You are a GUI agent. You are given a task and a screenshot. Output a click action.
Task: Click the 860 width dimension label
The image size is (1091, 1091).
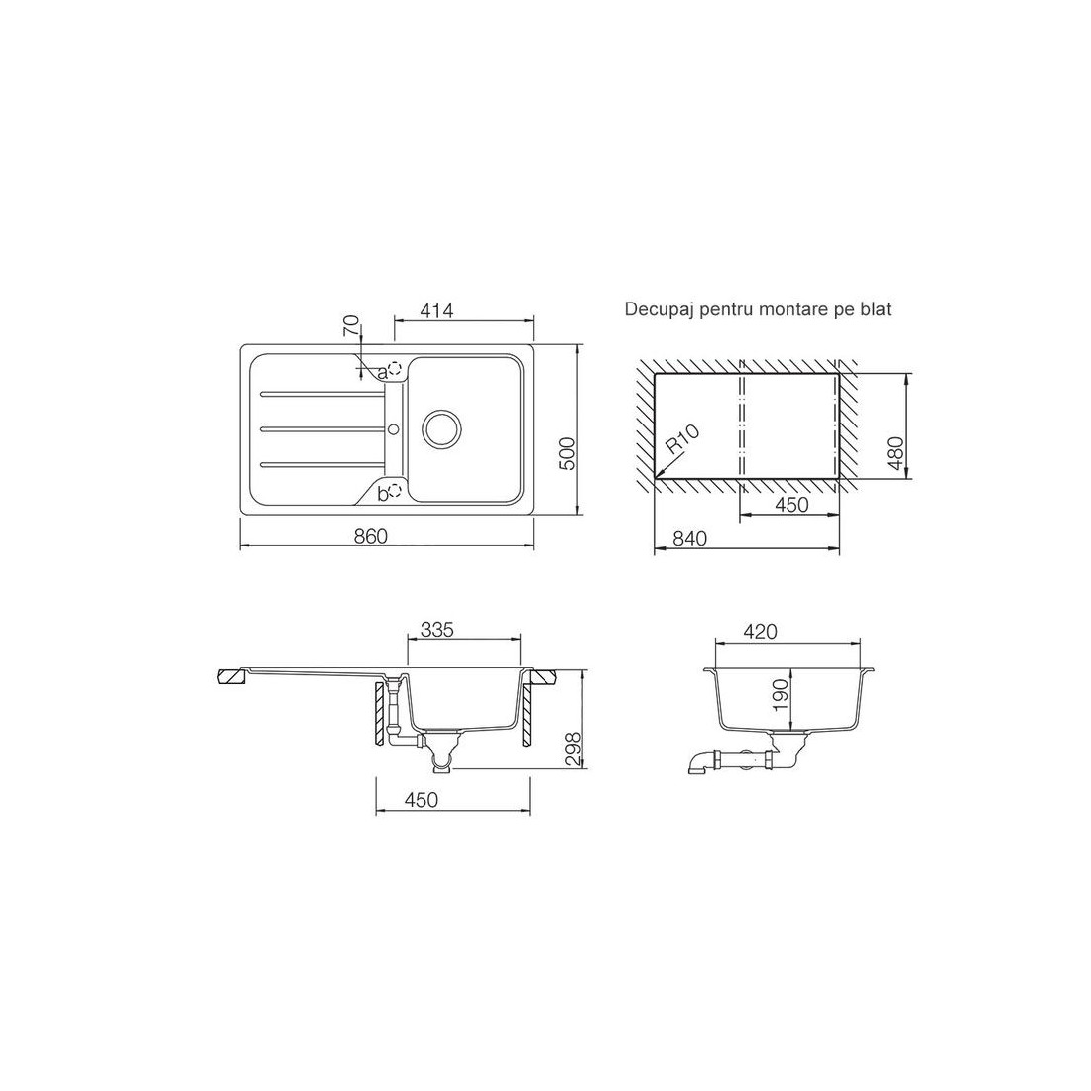click(370, 536)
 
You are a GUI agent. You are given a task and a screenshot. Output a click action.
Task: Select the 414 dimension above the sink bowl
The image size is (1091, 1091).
click(437, 311)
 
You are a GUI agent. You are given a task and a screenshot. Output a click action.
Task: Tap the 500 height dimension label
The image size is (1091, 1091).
click(568, 453)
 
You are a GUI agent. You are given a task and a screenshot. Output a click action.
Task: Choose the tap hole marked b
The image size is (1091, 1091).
click(395, 491)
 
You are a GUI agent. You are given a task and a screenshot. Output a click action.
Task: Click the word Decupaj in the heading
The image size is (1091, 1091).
click(654, 310)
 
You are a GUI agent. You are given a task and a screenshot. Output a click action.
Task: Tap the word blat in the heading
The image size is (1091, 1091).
click(876, 308)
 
